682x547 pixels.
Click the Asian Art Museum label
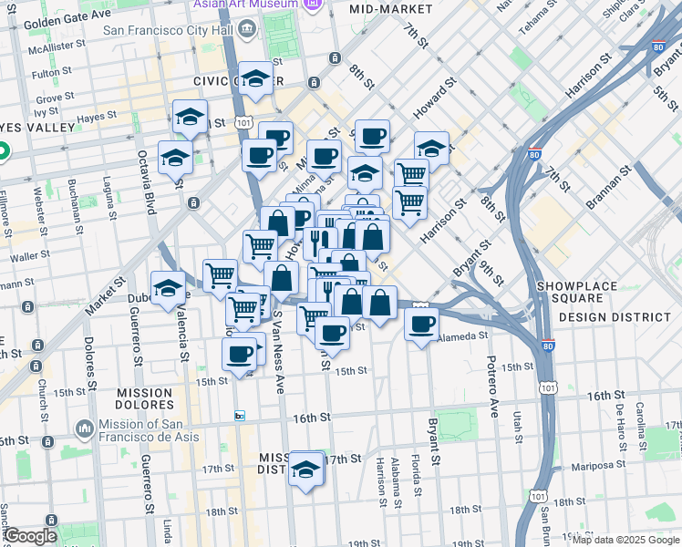pyautogui.click(x=244, y=4)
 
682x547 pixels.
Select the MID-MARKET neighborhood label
pyautogui.click(x=391, y=8)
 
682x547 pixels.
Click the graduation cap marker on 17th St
pyautogui.click(x=306, y=470)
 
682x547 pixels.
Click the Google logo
pyautogui.click(x=30, y=537)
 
